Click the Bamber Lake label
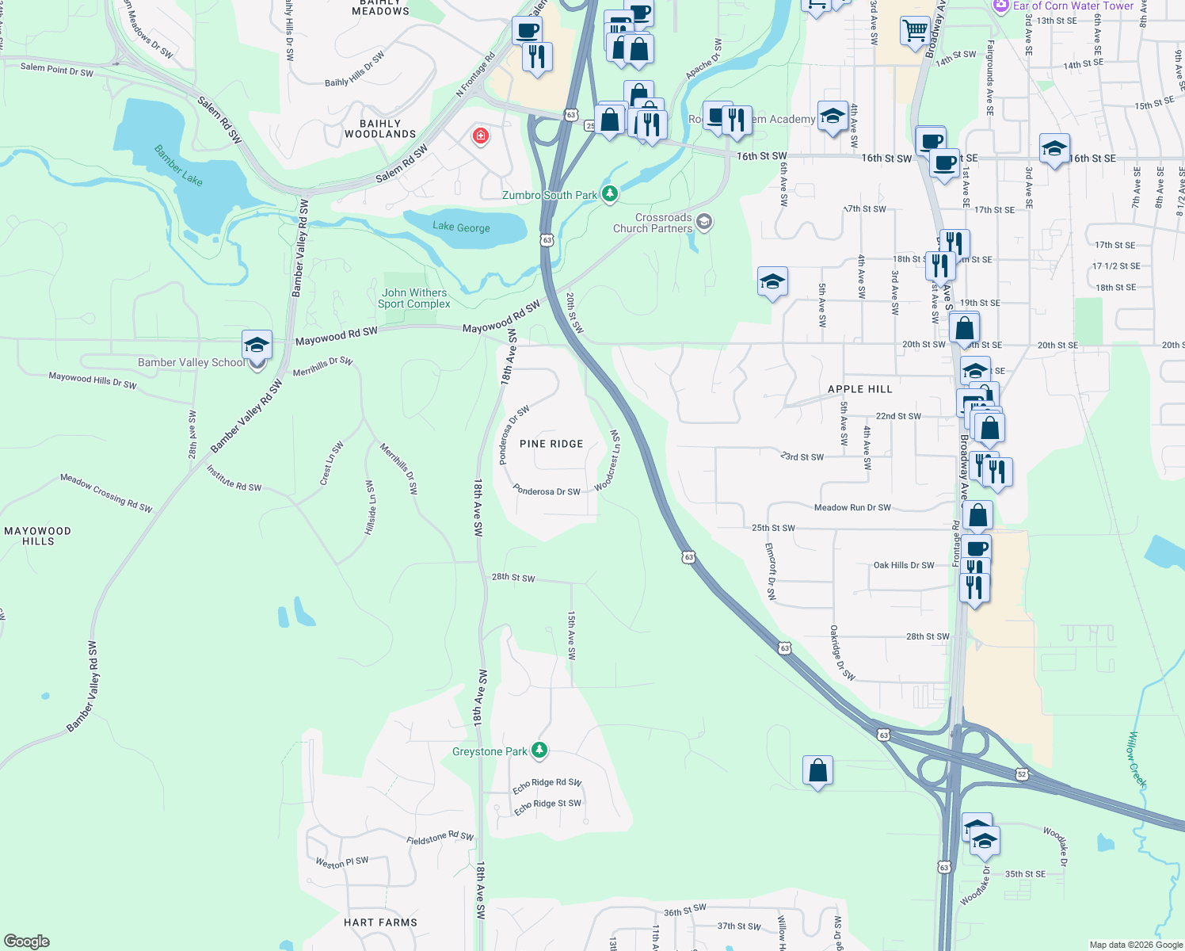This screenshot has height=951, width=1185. tap(178, 165)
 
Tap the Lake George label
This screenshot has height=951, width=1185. tap(461, 227)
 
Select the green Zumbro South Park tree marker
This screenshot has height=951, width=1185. tap(609, 194)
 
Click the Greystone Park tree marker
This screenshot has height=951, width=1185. tap(539, 750)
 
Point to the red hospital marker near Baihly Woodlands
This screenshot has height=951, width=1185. tap(480, 136)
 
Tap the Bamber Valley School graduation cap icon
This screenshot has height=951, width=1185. tap(257, 346)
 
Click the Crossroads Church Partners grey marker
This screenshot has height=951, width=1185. tap(704, 222)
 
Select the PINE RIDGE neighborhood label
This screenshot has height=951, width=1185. tap(551, 444)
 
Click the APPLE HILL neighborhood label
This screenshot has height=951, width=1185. tap(859, 389)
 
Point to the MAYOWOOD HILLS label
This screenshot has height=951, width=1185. tap(38, 536)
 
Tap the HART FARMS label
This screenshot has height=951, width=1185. tap(380, 922)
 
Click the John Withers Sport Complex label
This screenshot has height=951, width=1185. tap(413, 298)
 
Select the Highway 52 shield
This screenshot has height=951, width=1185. tap(1022, 773)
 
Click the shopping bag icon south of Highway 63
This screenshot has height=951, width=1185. tap(817, 770)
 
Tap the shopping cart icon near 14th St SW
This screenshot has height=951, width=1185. tap(915, 31)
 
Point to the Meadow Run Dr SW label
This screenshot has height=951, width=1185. tap(852, 507)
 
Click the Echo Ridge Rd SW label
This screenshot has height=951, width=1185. tap(547, 785)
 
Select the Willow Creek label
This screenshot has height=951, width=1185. tap(1137, 759)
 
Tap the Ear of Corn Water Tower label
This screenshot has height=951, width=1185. tap(1073, 6)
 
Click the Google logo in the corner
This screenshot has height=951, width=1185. tap(26, 941)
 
